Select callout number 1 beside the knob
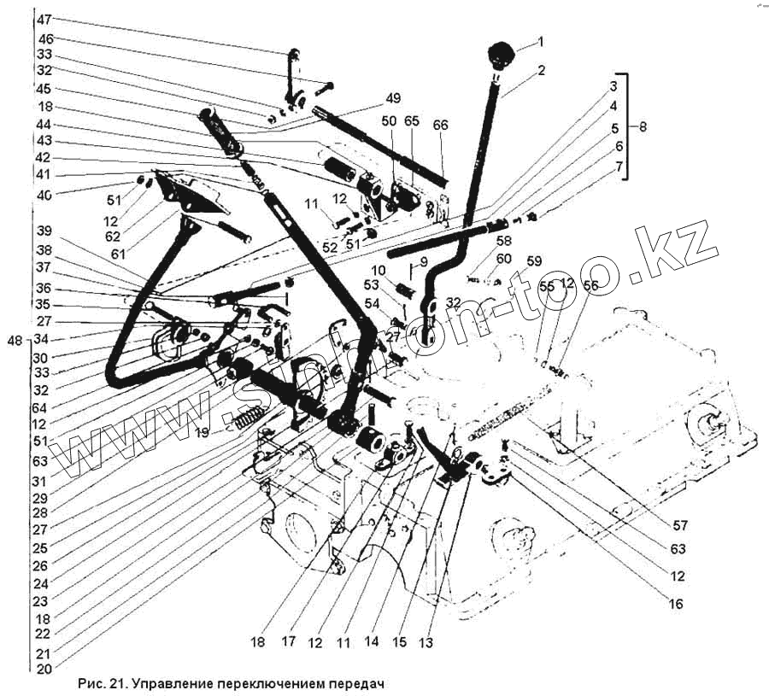tap(540, 41)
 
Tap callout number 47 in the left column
tap(44, 19)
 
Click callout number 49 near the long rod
tap(392, 97)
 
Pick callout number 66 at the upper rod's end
tap(440, 125)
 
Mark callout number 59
tap(534, 260)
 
